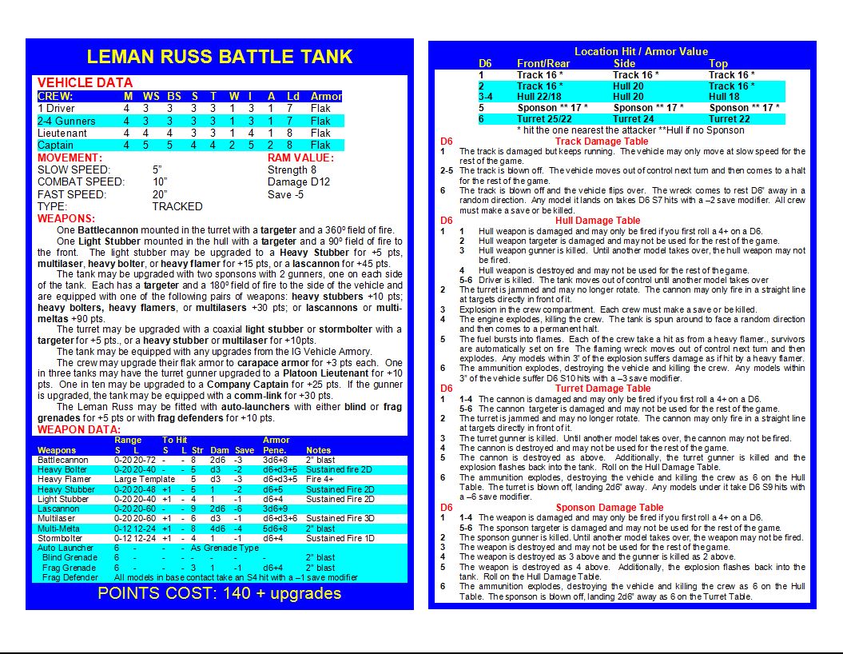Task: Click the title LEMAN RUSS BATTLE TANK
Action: point(219,57)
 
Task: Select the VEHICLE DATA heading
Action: point(85,82)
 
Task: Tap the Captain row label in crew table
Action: point(55,145)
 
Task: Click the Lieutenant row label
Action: point(62,133)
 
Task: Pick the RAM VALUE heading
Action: point(300,158)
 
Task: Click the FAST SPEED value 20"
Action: point(160,194)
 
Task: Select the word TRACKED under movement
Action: point(177,206)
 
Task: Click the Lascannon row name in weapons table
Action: point(58,508)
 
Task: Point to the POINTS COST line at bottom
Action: point(219,593)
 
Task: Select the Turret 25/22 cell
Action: point(544,118)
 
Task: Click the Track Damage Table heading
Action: point(601,142)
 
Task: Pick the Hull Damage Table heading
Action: point(601,221)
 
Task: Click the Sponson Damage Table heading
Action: point(609,507)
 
